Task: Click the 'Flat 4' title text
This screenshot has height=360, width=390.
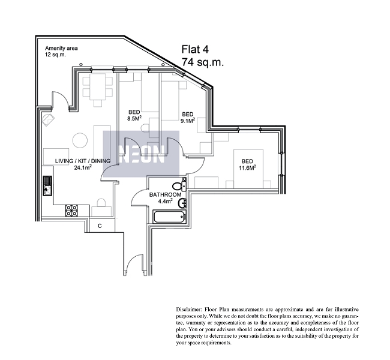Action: coord(195,49)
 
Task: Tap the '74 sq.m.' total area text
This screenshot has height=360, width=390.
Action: coord(203,62)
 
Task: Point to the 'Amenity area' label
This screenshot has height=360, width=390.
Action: coord(61,48)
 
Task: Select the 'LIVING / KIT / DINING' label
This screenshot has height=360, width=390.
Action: coord(83,161)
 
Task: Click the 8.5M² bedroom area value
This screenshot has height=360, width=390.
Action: coord(134,118)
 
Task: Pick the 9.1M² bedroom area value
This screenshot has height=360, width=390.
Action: coord(188,121)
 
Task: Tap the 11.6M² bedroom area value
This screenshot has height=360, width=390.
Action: coord(247,168)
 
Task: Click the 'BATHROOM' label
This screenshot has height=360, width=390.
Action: coord(165,195)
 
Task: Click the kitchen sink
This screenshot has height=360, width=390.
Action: coord(47,185)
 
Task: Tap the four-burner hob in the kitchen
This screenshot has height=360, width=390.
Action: coord(71,210)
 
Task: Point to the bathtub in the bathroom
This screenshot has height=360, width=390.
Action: coord(170,217)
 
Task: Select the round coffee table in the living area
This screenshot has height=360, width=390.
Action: coord(80,140)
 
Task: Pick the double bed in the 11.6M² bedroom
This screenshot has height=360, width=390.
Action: coord(248,169)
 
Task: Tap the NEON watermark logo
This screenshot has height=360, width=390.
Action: coord(142,154)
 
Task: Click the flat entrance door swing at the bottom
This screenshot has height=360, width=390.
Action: coord(134,265)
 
